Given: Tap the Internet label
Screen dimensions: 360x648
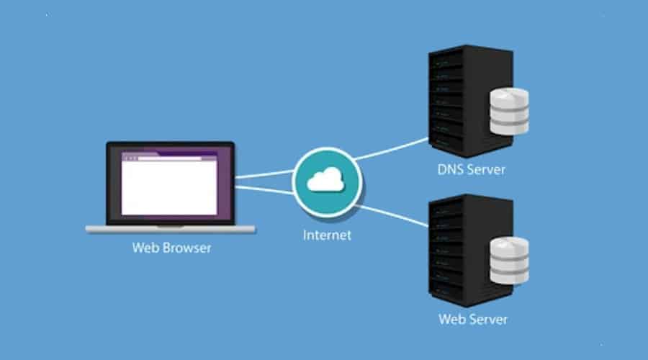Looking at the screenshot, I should pyautogui.click(x=326, y=234).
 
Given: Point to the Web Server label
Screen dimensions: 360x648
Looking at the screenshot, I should pyautogui.click(x=473, y=318).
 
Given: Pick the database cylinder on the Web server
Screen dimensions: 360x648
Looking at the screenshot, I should pyautogui.click(x=509, y=260).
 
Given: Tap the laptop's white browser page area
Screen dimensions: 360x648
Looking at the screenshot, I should pyautogui.click(x=168, y=188).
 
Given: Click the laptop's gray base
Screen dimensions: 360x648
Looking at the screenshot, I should pyautogui.click(x=170, y=229).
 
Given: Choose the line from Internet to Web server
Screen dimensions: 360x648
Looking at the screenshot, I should pyautogui.click(x=392, y=215).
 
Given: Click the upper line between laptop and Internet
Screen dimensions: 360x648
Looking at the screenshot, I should pyautogui.click(x=263, y=174).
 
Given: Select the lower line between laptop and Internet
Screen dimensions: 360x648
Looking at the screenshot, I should pyautogui.click(x=263, y=190).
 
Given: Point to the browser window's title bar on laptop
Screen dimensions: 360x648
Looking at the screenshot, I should pyautogui.click(x=168, y=156).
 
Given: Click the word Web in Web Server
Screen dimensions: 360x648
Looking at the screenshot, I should pyautogui.click(x=451, y=318).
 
